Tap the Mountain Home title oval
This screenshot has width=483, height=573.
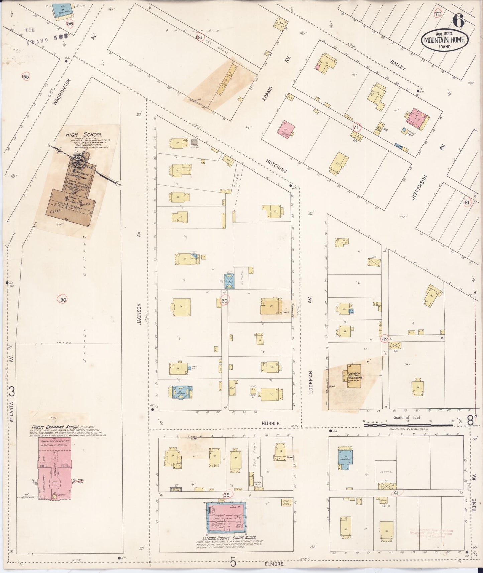coord(444,40)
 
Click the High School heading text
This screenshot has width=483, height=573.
coord(79,135)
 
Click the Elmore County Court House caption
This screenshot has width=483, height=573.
coord(227,538)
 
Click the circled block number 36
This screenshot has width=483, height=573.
coord(224,301)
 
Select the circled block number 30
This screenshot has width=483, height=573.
coord(63,300)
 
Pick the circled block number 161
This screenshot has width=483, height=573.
coord(200,37)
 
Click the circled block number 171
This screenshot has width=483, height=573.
coord(355,127)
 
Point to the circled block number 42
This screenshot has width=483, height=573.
coord(385,339)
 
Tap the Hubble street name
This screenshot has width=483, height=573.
coord(271,423)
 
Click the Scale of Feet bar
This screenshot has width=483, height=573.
coord(408,425)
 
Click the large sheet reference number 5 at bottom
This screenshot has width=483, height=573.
coord(233,563)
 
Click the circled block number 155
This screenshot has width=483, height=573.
coord(25,77)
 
